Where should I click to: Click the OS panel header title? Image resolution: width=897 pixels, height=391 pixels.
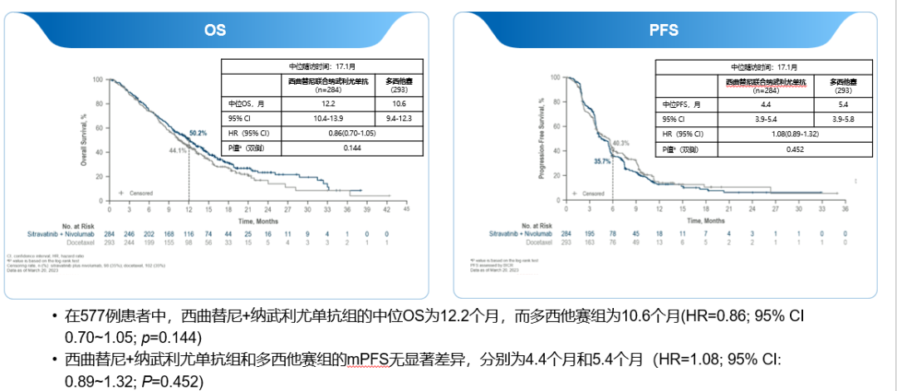tap(215, 31)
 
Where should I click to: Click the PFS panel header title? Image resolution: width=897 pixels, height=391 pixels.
tap(664, 31)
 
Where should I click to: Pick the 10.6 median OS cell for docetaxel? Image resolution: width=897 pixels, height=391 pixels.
tap(398, 104)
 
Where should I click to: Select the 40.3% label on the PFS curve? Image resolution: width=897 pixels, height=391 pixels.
tap(620, 143)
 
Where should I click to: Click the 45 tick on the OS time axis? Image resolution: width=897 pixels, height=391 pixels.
tap(407, 210)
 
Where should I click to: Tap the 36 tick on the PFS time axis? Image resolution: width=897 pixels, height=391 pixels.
tap(845, 210)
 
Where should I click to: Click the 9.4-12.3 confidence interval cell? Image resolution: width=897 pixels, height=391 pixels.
tap(398, 119)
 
